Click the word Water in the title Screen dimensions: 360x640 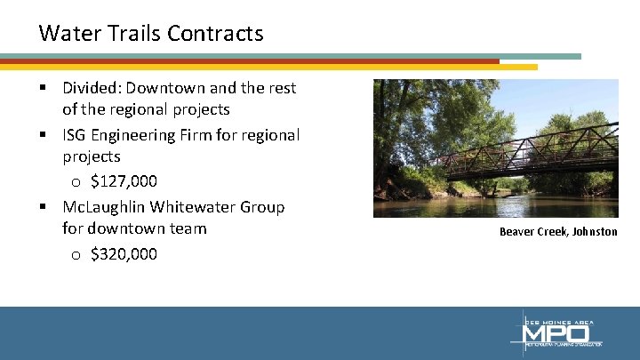(x=65, y=34)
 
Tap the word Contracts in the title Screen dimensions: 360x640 (x=215, y=34)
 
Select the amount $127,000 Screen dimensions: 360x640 (x=124, y=181)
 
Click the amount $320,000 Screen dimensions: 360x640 (x=124, y=254)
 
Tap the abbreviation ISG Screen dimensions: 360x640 (x=76, y=135)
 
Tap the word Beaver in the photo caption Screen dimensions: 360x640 (x=516, y=232)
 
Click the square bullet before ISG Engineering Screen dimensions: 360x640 (x=43, y=136)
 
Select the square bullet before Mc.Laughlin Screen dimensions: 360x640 (x=43, y=208)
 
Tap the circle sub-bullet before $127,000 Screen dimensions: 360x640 (x=76, y=182)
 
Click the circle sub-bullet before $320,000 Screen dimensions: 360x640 (x=76, y=255)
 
